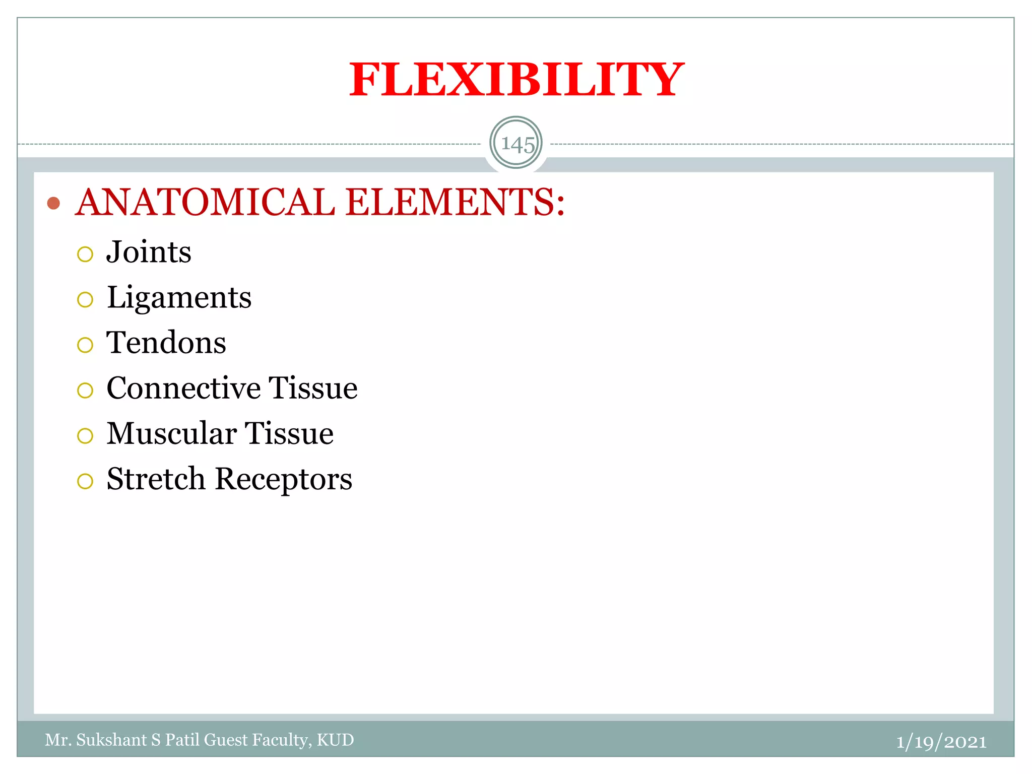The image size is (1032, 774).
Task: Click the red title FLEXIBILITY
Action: click(516, 80)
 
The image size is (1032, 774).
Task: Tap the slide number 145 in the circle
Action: click(517, 144)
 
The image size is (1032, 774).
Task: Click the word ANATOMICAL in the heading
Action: click(205, 202)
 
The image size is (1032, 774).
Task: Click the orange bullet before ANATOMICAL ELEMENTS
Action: click(53, 203)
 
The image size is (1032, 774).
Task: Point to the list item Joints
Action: click(149, 252)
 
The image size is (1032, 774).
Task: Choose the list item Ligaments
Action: click(179, 297)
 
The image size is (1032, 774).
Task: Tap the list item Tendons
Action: click(166, 343)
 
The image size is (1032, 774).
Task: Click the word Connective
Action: click(183, 388)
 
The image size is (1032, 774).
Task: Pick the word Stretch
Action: click(156, 479)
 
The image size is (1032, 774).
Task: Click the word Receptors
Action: click(284, 479)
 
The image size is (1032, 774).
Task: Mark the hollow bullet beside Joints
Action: click(85, 254)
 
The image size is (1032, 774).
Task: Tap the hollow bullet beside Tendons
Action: click(85, 345)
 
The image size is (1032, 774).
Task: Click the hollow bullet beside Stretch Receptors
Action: click(85, 481)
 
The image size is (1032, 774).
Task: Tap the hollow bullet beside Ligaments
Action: click(85, 300)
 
